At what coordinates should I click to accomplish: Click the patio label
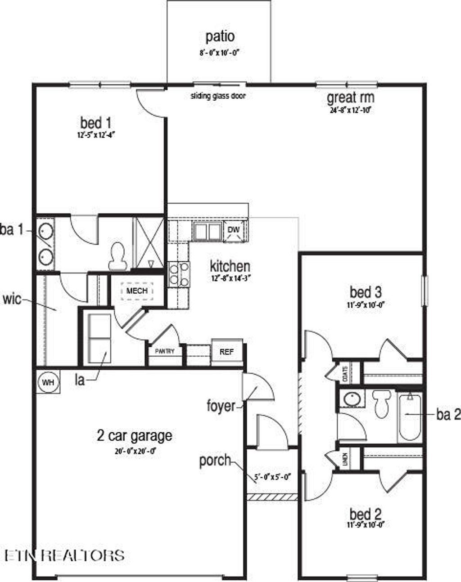[x=220, y=36]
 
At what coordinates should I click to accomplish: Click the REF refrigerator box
[x=226, y=352]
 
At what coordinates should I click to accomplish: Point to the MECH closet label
[x=137, y=291]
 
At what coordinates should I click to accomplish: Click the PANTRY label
[x=164, y=351]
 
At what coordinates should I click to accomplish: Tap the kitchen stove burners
[x=179, y=274]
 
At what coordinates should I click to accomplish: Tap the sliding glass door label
[x=218, y=96]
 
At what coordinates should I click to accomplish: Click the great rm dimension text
[x=350, y=109]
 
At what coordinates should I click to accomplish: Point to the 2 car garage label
[x=134, y=435]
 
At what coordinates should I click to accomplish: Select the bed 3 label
[x=366, y=292]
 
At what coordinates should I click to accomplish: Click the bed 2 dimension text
[x=366, y=524]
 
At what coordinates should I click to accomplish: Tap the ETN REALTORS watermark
[x=64, y=555]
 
